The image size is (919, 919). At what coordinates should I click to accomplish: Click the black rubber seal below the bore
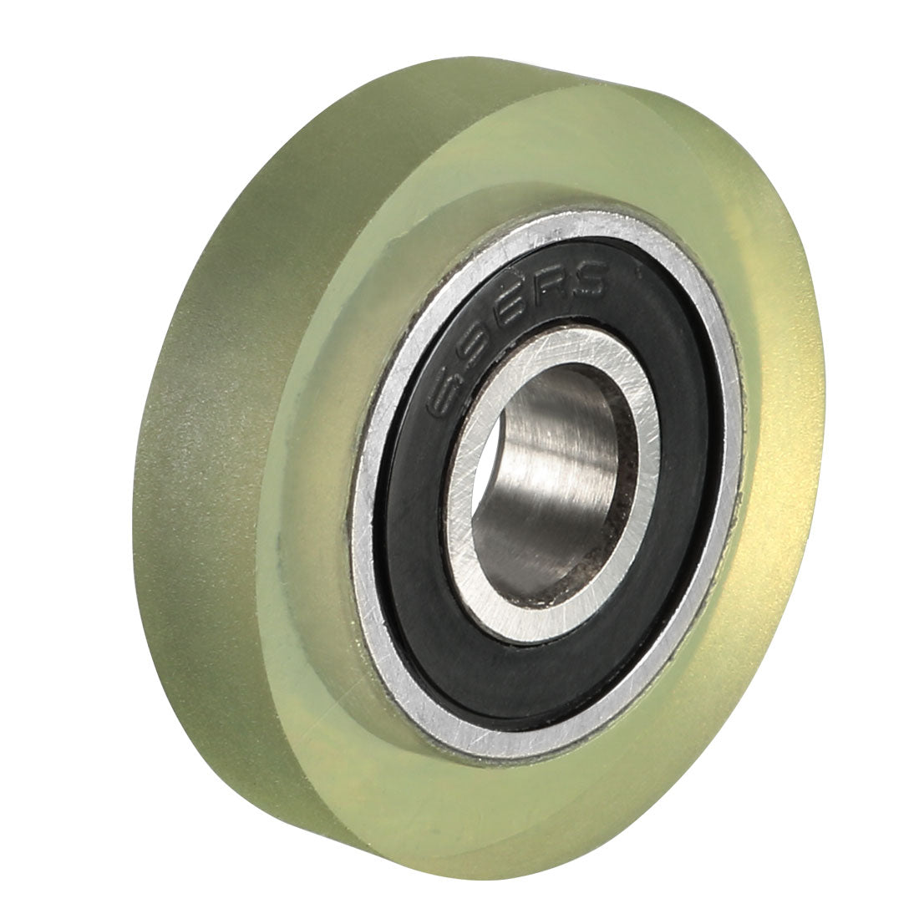tap(535, 660)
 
